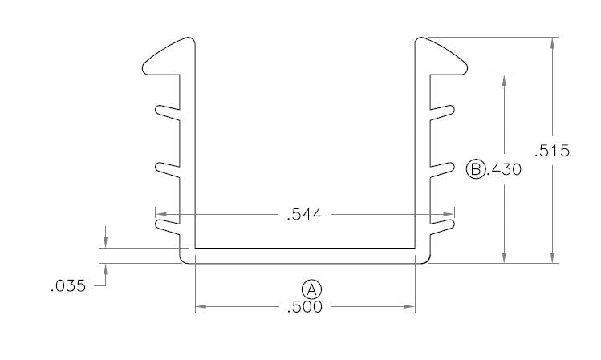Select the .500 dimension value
(x=305, y=306)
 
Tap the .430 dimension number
(x=506, y=169)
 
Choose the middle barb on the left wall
(x=168, y=169)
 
